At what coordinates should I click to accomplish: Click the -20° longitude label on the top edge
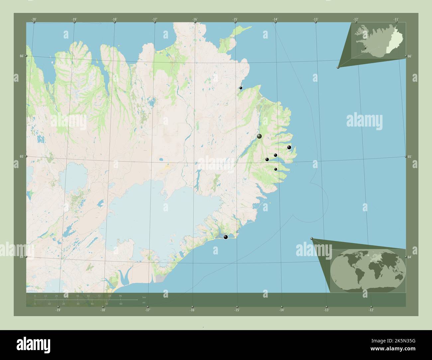34,19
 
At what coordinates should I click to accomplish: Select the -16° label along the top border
195,19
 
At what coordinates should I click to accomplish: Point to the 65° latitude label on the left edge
21,156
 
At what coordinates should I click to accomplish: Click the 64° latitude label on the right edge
410,257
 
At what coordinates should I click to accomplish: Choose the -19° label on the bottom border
58,310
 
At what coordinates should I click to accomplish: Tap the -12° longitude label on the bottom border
371,310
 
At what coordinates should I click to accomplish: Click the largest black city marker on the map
259,136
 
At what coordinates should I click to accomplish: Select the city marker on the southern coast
226,237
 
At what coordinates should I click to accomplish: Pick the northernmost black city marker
241,88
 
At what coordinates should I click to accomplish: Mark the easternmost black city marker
289,147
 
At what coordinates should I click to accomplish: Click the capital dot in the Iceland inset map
365,48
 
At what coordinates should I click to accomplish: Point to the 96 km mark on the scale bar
120,296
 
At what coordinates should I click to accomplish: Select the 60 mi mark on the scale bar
121,304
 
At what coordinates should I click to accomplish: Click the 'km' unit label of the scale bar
144,297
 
